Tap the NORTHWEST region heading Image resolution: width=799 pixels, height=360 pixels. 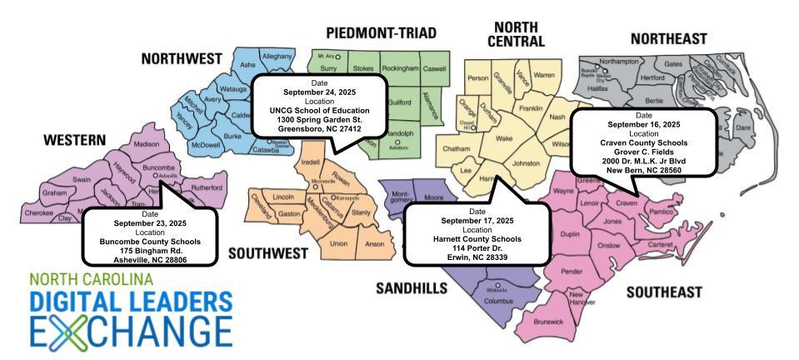[182, 59]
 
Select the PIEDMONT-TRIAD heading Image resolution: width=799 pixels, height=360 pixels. [381, 33]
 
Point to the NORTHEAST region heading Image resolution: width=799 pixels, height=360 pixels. [668, 39]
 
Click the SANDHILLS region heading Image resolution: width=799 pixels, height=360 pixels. [411, 288]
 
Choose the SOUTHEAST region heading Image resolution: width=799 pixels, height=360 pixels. [664, 292]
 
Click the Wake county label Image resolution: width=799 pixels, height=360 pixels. [503, 139]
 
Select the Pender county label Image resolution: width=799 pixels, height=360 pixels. [572, 272]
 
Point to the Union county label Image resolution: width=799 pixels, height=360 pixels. [338, 243]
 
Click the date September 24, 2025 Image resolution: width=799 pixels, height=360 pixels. [319, 92]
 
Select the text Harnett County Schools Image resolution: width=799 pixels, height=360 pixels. [477, 238]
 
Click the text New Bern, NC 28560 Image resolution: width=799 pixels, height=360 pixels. [643, 169]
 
